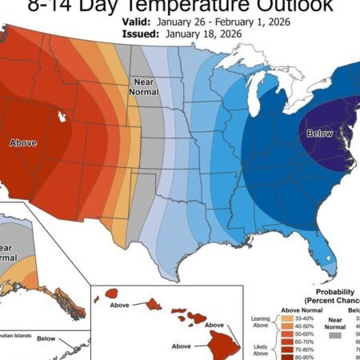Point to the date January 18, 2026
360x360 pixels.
[x=207, y=35]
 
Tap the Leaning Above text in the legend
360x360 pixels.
[x=259, y=322]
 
